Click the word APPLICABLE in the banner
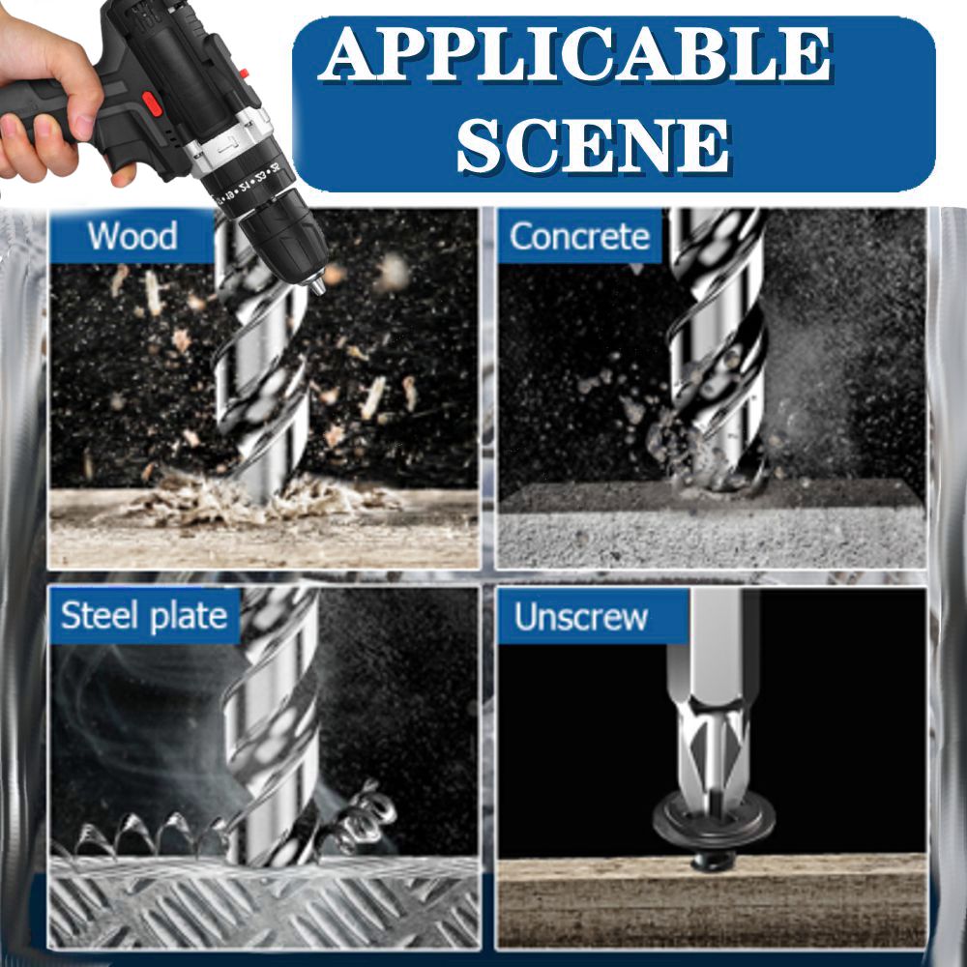point(574,54)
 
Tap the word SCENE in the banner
point(594,144)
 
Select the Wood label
point(132,236)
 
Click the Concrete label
point(579,236)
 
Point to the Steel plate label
point(144,615)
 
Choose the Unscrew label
point(581,617)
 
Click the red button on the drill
point(152,103)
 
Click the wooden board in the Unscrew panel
point(712,901)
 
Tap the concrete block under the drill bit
point(712,524)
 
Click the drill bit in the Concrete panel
point(718,345)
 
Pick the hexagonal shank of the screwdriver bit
point(714,648)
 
